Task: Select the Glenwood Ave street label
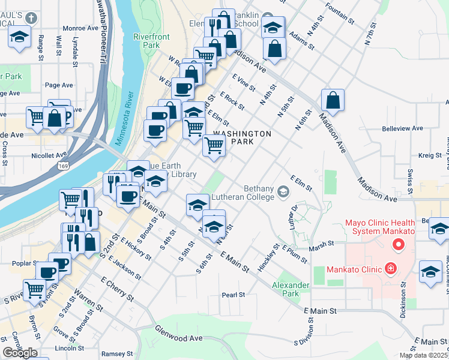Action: point(178,337)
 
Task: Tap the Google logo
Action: point(20,353)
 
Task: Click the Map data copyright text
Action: point(423,355)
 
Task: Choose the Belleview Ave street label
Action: point(403,128)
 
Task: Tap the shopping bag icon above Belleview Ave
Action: point(332,100)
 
